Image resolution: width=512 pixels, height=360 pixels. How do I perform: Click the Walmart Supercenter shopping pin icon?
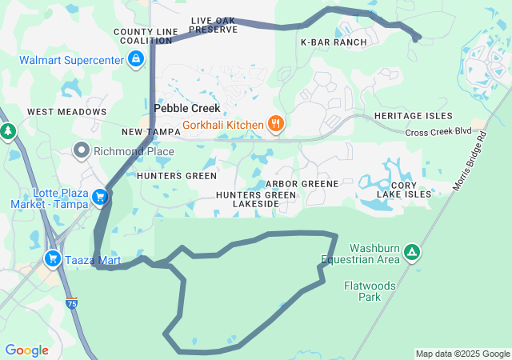[136, 59]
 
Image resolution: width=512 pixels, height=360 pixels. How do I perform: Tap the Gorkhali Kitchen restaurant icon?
[275, 124]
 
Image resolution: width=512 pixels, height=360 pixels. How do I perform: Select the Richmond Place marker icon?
[82, 150]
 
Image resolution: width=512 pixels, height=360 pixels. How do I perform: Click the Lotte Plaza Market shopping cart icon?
[100, 197]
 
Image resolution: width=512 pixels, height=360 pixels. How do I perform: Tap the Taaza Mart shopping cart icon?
[53, 258]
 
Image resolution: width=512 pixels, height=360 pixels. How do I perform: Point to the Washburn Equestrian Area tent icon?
[412, 253]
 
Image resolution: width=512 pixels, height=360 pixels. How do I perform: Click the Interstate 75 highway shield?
[72, 302]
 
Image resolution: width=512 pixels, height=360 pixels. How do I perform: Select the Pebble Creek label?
[186, 108]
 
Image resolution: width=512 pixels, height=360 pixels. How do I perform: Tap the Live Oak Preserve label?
[214, 25]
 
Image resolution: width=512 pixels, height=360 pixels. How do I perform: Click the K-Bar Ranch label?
[334, 42]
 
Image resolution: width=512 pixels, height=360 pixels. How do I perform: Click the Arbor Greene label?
[307, 184]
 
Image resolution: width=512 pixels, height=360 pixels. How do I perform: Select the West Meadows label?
[66, 112]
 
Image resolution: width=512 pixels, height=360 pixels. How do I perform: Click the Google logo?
[26, 350]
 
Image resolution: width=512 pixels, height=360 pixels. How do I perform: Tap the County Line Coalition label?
[146, 36]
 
